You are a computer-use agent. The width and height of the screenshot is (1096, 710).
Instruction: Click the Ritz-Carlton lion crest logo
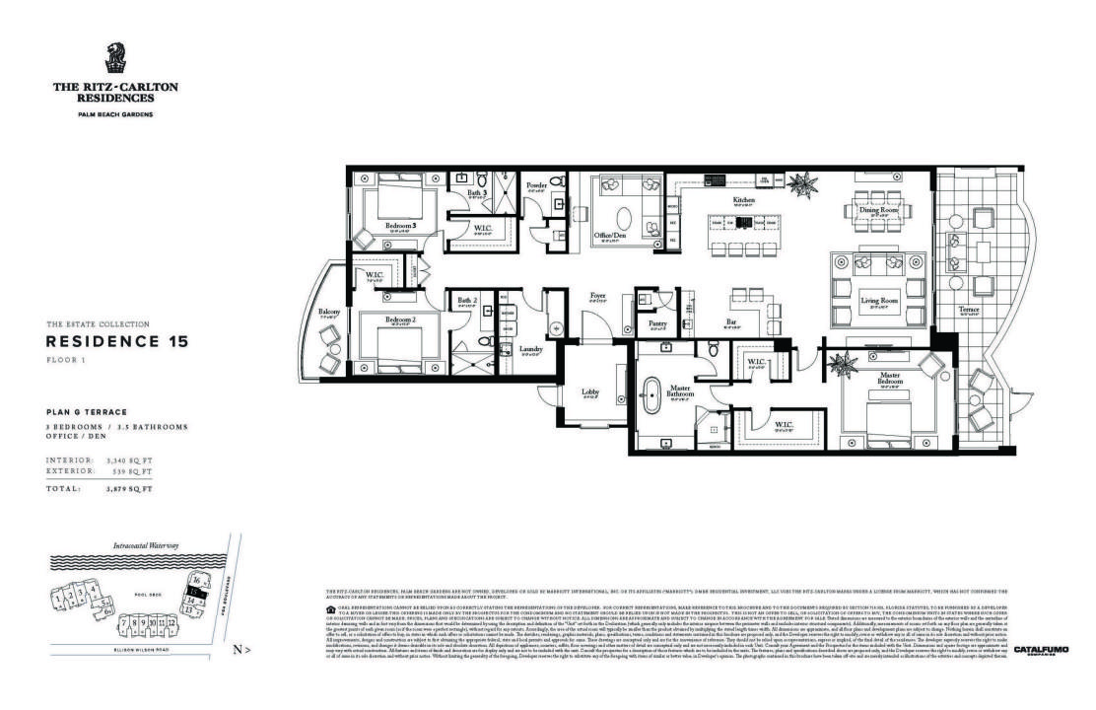115,56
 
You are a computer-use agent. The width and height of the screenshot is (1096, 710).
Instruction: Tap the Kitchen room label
743,200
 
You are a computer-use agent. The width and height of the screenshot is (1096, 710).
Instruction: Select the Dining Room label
876,210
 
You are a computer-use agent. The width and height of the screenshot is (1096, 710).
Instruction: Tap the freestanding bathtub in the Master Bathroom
652,395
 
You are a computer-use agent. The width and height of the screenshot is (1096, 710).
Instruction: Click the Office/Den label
611,235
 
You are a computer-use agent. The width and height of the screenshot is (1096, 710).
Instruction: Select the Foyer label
598,295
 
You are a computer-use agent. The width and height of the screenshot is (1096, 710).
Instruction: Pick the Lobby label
589,392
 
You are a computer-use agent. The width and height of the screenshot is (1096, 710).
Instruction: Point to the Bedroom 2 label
398,319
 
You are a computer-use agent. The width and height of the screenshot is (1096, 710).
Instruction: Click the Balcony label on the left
329,313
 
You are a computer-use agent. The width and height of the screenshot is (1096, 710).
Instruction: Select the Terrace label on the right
970,310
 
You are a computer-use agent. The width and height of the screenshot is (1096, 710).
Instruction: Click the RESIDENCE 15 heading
116,341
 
